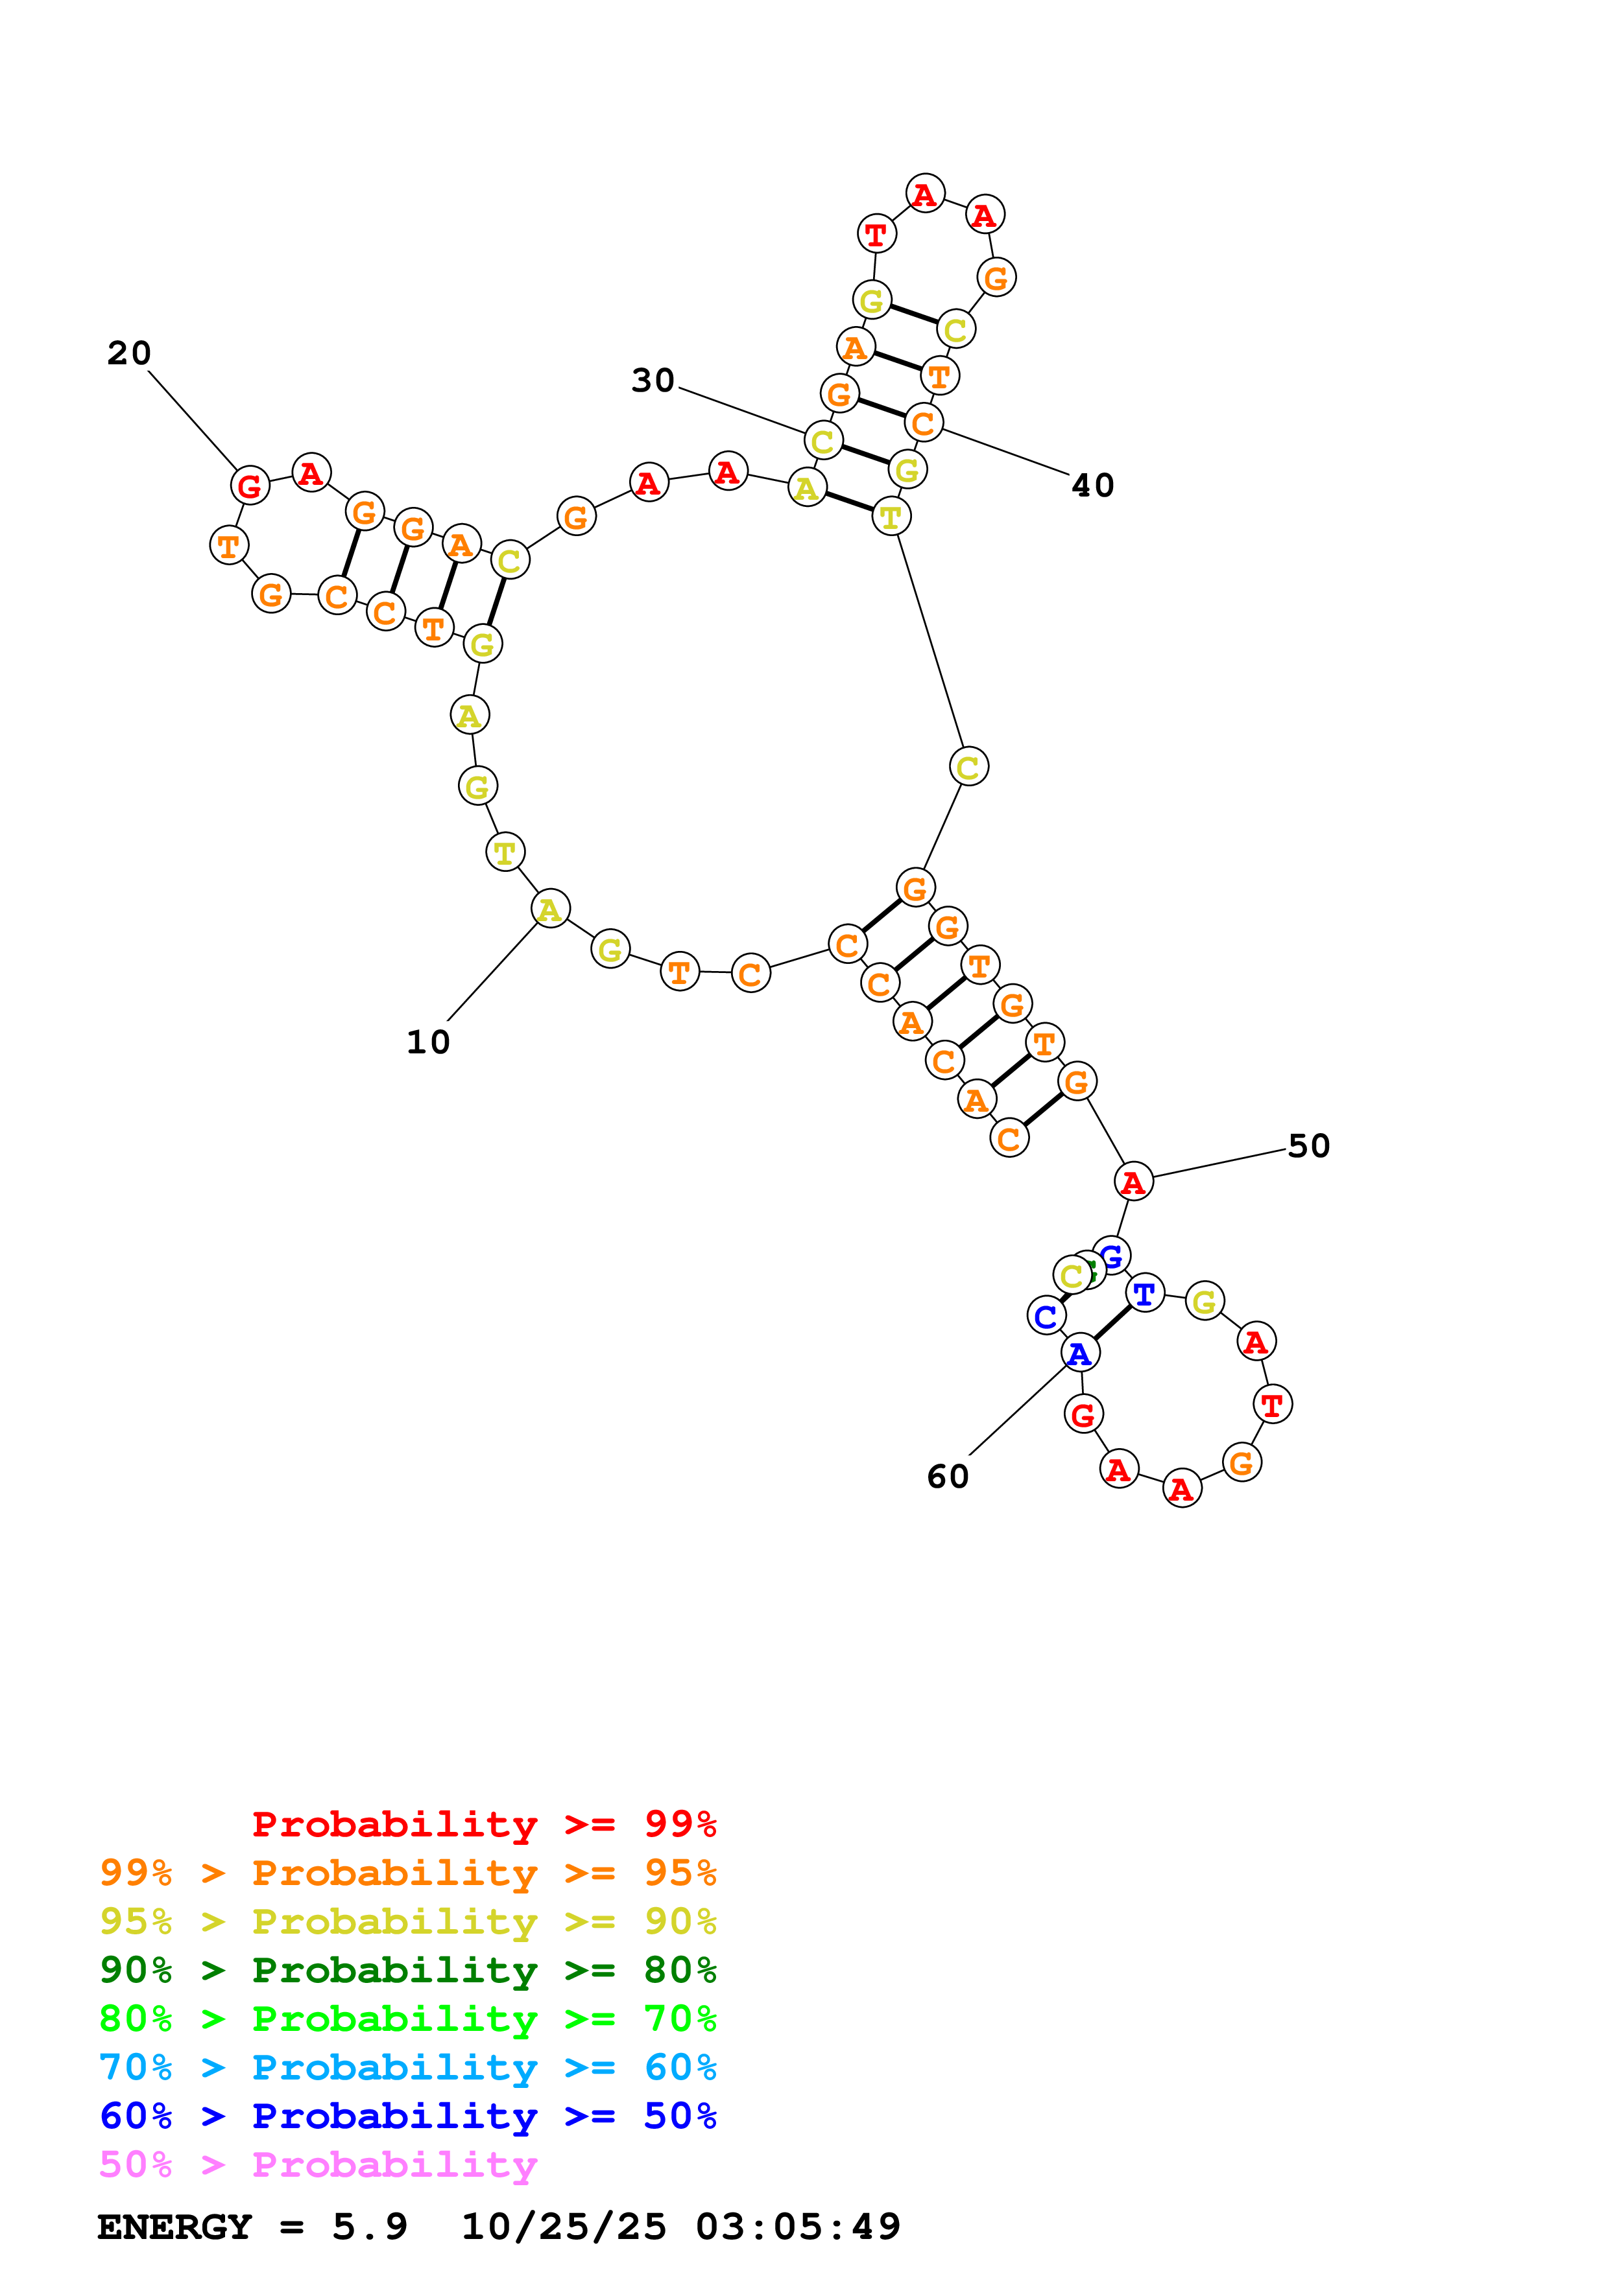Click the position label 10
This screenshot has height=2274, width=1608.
pos(428,1042)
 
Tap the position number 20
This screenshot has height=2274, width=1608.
pos(129,353)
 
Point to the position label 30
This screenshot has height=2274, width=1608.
pos(653,381)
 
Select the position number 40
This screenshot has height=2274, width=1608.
pos(1093,486)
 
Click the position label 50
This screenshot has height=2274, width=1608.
pos(1308,1146)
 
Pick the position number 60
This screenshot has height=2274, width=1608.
pos(947,1477)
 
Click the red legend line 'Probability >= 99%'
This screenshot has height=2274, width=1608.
pos(483,1824)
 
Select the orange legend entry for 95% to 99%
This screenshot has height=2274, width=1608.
pos(408,1873)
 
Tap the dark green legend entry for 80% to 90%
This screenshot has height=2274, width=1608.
pos(408,1970)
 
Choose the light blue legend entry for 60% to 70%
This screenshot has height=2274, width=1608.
pos(408,2067)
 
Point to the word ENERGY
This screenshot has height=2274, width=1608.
pos(174,2227)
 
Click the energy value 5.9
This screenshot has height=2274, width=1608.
pos(370,2227)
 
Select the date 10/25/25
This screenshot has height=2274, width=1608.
pos(564,2227)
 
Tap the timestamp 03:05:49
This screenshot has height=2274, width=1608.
pos(798,2227)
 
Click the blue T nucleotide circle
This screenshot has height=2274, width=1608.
pos(1144,1293)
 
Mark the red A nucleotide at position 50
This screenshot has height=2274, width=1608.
pos(1133,1182)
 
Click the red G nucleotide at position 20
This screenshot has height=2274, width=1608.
pos(250,486)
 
